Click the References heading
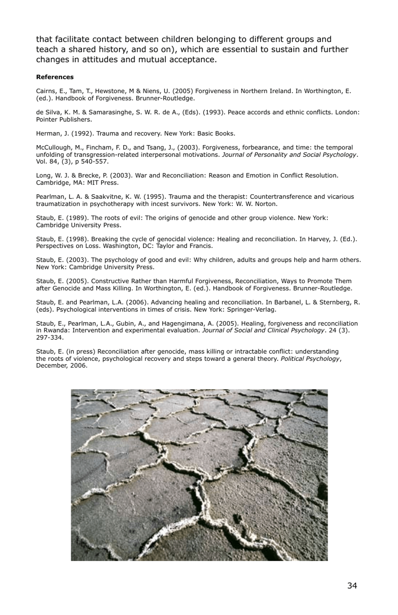coord(54,77)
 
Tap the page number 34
coord(352,586)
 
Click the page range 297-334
coord(50,338)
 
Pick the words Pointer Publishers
coord(64,120)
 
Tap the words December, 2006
coord(62,366)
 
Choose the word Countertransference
coord(281,197)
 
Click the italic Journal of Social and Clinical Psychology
coord(263,331)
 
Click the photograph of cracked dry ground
coord(199,475)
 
